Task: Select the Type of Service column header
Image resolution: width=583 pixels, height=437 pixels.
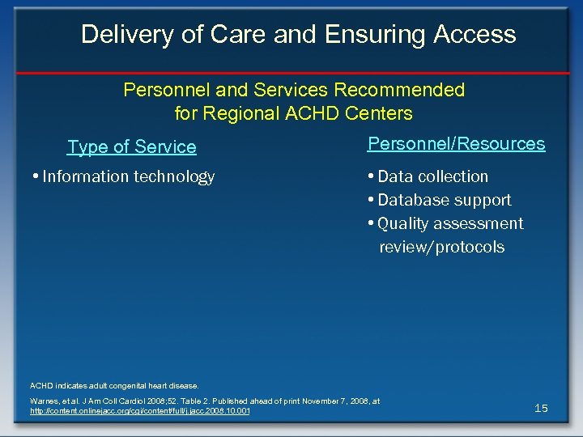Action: (132, 147)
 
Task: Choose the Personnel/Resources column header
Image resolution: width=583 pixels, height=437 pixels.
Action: (456, 144)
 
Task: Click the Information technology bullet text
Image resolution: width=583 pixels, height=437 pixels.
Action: (128, 176)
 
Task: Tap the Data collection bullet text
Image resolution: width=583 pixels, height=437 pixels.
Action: (432, 176)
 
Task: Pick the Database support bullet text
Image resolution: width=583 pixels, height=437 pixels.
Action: (444, 200)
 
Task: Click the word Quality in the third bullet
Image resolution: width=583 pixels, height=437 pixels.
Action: (405, 223)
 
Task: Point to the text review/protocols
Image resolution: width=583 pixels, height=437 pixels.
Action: (441, 247)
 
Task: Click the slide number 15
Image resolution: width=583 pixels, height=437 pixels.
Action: (541, 408)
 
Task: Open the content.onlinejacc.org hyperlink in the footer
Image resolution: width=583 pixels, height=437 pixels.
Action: (139, 412)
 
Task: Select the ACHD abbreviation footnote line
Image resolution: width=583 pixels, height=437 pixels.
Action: (113, 385)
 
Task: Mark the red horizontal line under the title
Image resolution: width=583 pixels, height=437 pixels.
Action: (291, 73)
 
